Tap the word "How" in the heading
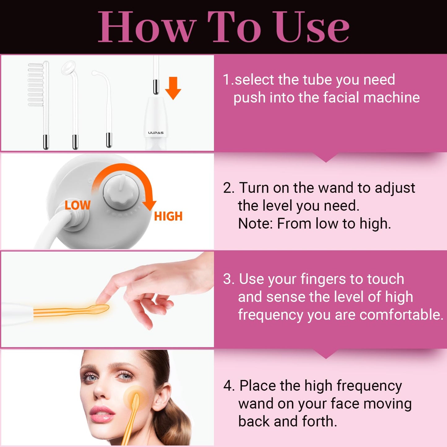(147, 27)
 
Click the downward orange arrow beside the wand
(173, 88)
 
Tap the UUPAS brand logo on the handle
(156, 133)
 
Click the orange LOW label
(77, 205)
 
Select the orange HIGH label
(168, 216)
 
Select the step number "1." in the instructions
(228, 80)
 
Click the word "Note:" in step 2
(256, 223)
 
